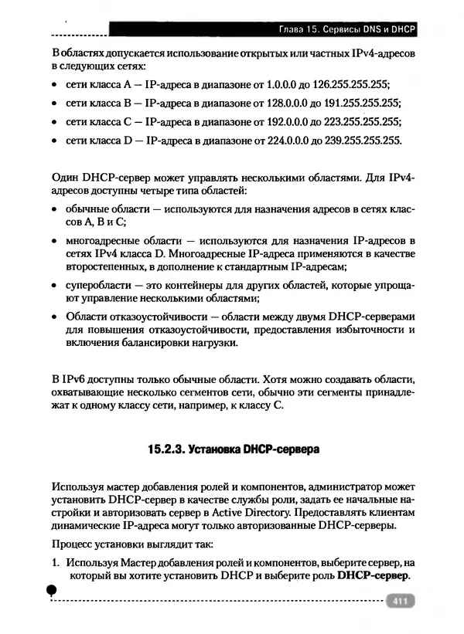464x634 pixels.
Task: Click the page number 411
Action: (x=399, y=602)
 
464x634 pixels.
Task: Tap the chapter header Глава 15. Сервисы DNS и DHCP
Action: (x=347, y=30)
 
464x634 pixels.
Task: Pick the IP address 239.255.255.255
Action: (x=359, y=141)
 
